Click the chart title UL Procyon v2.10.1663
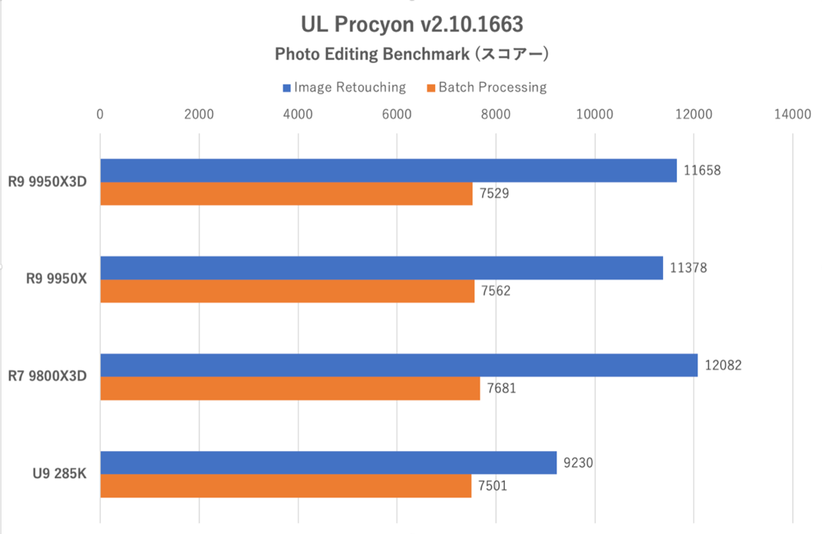(x=412, y=25)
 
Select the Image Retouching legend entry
(x=344, y=87)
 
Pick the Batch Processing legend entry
(x=486, y=87)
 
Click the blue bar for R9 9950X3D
(x=388, y=171)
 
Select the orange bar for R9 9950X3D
(x=286, y=193)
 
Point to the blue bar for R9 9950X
(x=382, y=268)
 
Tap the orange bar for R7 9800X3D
(x=290, y=388)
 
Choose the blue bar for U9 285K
(x=328, y=463)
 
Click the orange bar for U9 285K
(x=286, y=485)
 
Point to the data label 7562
(x=496, y=291)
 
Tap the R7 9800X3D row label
(x=47, y=376)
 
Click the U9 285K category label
(x=57, y=474)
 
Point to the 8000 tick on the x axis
(x=496, y=114)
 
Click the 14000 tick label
(x=793, y=114)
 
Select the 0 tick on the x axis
(x=101, y=114)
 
